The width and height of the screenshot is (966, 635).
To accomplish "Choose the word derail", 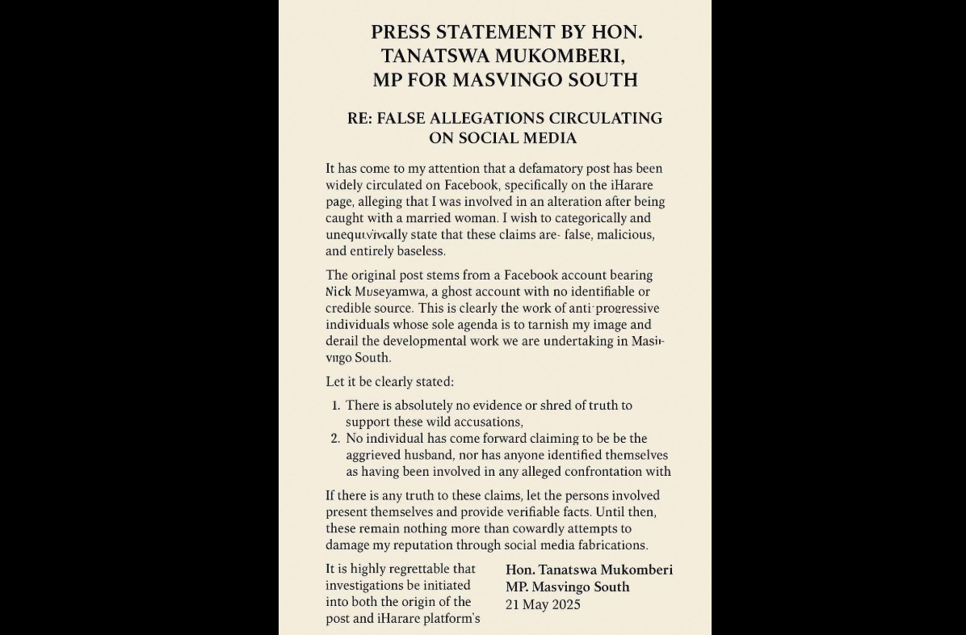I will [342, 341].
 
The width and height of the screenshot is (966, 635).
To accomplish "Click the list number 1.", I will [335, 406].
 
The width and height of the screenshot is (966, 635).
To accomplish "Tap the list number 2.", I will [335, 439].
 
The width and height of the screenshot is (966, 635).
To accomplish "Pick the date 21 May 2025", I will [543, 604].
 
